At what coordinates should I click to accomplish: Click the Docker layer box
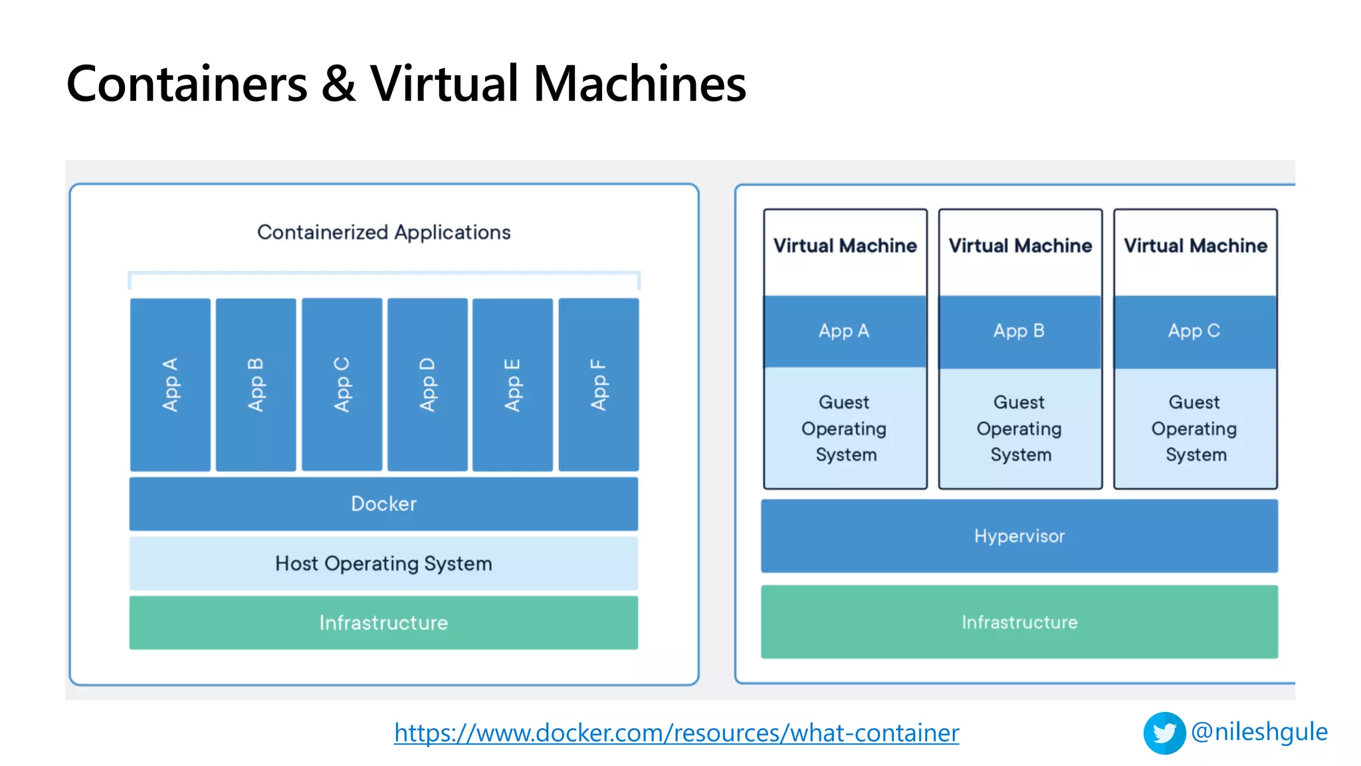(x=383, y=503)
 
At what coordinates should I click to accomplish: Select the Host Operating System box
(x=383, y=563)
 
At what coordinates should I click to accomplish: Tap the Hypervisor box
(x=1019, y=536)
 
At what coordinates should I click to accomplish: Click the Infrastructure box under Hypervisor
(x=1019, y=622)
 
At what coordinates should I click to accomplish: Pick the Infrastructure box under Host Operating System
(x=383, y=622)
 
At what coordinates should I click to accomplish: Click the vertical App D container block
(x=427, y=384)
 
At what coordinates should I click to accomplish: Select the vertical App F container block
(x=598, y=384)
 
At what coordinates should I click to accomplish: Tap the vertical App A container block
(x=170, y=384)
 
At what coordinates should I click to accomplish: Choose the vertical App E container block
(x=512, y=384)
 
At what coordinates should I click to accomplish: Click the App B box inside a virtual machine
(x=1019, y=331)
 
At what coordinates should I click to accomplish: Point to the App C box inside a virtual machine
(x=1194, y=331)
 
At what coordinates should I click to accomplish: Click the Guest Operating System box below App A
(x=845, y=428)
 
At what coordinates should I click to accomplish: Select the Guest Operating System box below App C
(x=1194, y=428)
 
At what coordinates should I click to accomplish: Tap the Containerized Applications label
(x=383, y=232)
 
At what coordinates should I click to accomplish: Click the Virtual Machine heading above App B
(x=1019, y=246)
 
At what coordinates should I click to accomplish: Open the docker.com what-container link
(x=676, y=733)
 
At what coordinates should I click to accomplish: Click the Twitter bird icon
(x=1164, y=733)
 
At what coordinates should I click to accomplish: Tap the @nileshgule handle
(x=1259, y=731)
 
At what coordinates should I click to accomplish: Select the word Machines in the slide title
(x=639, y=84)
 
